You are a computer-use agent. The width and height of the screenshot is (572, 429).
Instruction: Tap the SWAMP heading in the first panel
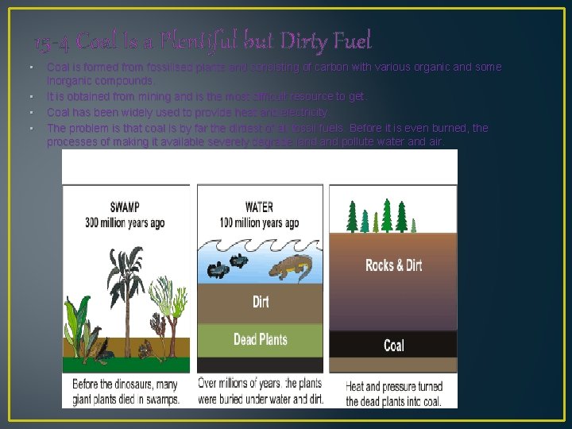126,209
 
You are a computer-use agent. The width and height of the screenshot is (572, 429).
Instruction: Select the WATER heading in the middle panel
260,209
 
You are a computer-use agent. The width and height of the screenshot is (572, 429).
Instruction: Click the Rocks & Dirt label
393,265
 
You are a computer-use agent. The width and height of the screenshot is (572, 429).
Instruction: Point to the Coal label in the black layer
393,345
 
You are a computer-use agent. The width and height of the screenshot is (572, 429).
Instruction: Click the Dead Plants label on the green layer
260,339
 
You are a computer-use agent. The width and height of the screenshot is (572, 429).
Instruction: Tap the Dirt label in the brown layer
260,301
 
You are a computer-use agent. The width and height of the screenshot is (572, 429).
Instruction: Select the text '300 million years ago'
126,222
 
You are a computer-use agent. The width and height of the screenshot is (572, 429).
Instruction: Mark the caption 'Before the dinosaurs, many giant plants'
126,392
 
